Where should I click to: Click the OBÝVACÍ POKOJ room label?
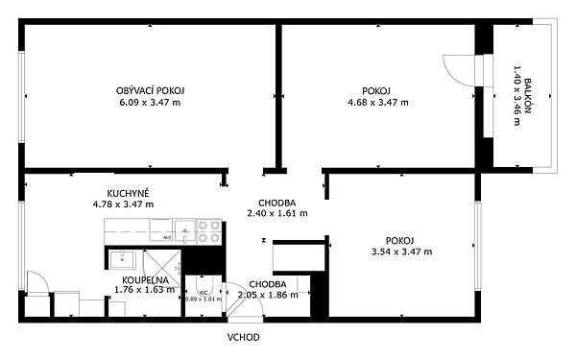point(150,90)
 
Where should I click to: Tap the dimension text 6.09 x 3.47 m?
point(150,103)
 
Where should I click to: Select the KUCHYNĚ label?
point(128,193)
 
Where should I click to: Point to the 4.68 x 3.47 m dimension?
point(378,103)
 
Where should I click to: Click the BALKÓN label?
point(527,95)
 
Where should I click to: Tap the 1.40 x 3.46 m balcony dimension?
point(516,95)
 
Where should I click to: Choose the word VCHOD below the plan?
point(243,337)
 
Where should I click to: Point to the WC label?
point(204,293)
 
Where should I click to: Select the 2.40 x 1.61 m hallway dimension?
point(277,213)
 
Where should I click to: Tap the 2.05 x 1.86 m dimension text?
point(268,295)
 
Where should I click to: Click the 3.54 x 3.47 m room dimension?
point(401,252)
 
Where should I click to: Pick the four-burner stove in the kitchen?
point(209,231)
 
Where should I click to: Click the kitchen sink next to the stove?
point(185,231)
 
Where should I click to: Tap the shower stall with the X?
point(161,268)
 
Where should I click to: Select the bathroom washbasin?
point(122,259)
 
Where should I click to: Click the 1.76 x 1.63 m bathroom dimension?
point(145,290)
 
